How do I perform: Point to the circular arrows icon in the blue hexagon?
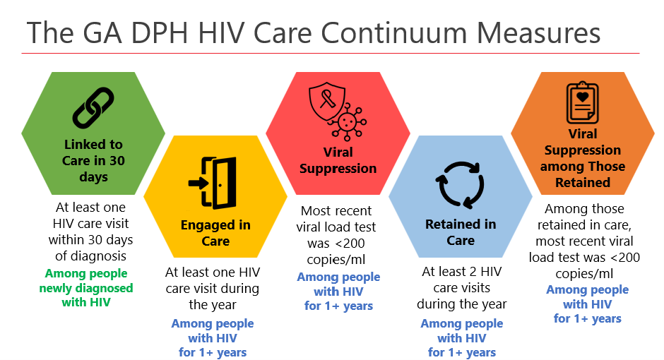[461, 183]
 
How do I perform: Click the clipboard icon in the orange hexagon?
[582, 103]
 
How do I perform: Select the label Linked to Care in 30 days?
[93, 160]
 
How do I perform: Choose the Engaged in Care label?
[215, 233]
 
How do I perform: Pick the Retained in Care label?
[461, 232]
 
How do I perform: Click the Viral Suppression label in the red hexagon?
[338, 160]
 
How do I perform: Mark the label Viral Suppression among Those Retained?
[583, 158]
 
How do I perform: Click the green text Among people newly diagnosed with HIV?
[86, 288]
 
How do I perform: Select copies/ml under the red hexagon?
[338, 259]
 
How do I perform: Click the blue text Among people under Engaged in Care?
[213, 324]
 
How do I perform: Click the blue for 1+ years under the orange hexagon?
[587, 319]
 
